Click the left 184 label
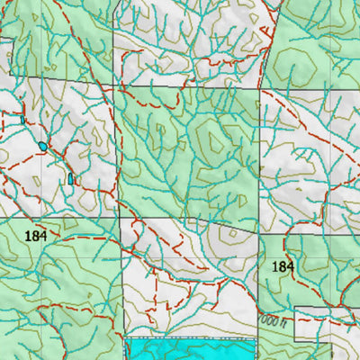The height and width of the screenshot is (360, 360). (x=36, y=235)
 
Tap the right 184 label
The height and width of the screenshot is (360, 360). (x=283, y=267)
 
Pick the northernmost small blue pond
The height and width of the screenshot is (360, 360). (x=22, y=119)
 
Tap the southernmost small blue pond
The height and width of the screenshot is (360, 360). (x=70, y=179)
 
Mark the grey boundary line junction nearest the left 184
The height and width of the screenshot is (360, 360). (x=119, y=218)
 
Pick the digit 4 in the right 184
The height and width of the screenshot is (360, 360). (x=290, y=267)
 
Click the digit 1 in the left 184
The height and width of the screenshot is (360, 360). (x=29, y=235)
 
